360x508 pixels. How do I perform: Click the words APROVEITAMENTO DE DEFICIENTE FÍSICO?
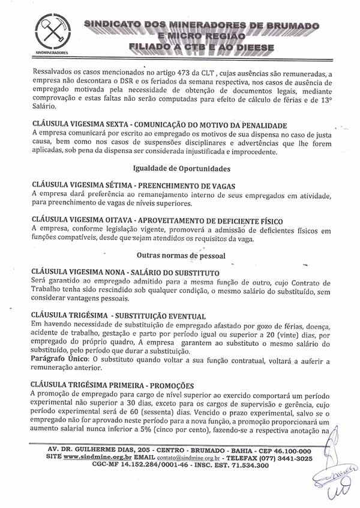tap(205, 221)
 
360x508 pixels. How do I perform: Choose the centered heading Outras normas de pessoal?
tap(181, 255)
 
